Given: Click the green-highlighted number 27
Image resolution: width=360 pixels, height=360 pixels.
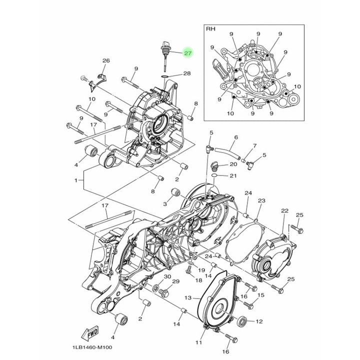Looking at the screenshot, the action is tap(188, 53).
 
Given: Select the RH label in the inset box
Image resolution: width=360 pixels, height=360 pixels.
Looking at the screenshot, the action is tap(210, 29).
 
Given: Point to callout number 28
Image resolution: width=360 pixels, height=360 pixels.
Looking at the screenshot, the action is tap(187, 73).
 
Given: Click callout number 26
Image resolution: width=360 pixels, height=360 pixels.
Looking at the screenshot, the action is tap(106, 60).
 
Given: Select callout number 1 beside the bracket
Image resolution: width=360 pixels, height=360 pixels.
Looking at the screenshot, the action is tap(76, 180).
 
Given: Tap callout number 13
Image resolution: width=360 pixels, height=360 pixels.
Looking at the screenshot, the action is tap(188, 298).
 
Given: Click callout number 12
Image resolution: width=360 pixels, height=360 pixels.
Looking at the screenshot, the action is tap(259, 321).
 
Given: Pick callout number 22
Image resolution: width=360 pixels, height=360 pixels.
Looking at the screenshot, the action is tap(284, 211).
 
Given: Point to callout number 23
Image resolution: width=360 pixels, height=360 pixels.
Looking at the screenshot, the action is tap(261, 200).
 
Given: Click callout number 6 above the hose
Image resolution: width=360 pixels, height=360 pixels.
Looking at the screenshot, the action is tap(236, 137).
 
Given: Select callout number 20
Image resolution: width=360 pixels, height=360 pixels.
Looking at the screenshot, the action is tap(233, 164).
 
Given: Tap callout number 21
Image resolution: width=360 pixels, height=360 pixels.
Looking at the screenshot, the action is tap(233, 176).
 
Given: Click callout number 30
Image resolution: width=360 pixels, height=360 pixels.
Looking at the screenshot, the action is tap(167, 276).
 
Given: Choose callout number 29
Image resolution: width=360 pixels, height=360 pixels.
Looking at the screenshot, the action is tap(175, 281).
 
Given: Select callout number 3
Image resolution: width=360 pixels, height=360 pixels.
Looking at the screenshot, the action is tap(164, 203).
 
